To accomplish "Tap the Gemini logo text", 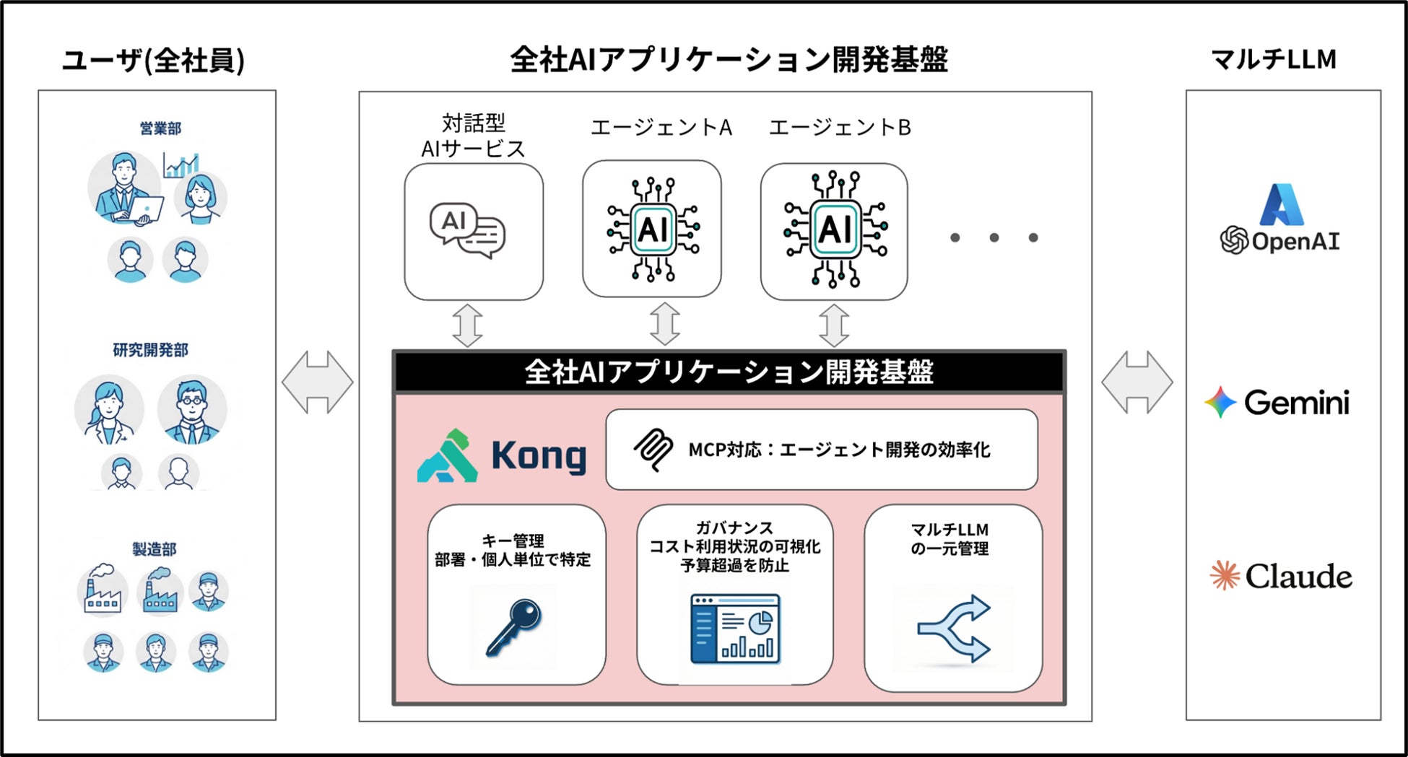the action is point(1296,403).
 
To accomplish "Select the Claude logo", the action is point(1281,576).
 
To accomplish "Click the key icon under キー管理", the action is point(513,627).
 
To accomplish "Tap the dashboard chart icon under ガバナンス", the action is point(735,629).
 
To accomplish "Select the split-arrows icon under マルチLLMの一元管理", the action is point(954,628).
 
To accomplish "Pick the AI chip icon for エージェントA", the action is point(653,229).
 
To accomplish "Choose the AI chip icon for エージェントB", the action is point(835,229).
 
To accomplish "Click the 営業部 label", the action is point(160,128).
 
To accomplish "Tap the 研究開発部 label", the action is point(150,350).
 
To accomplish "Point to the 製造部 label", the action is point(154,549).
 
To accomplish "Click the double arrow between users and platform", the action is point(318,382).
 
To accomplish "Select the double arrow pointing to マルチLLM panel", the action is point(1137,382).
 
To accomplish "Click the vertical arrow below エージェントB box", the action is point(834,325).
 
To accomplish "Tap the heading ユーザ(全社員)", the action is point(153,60).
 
